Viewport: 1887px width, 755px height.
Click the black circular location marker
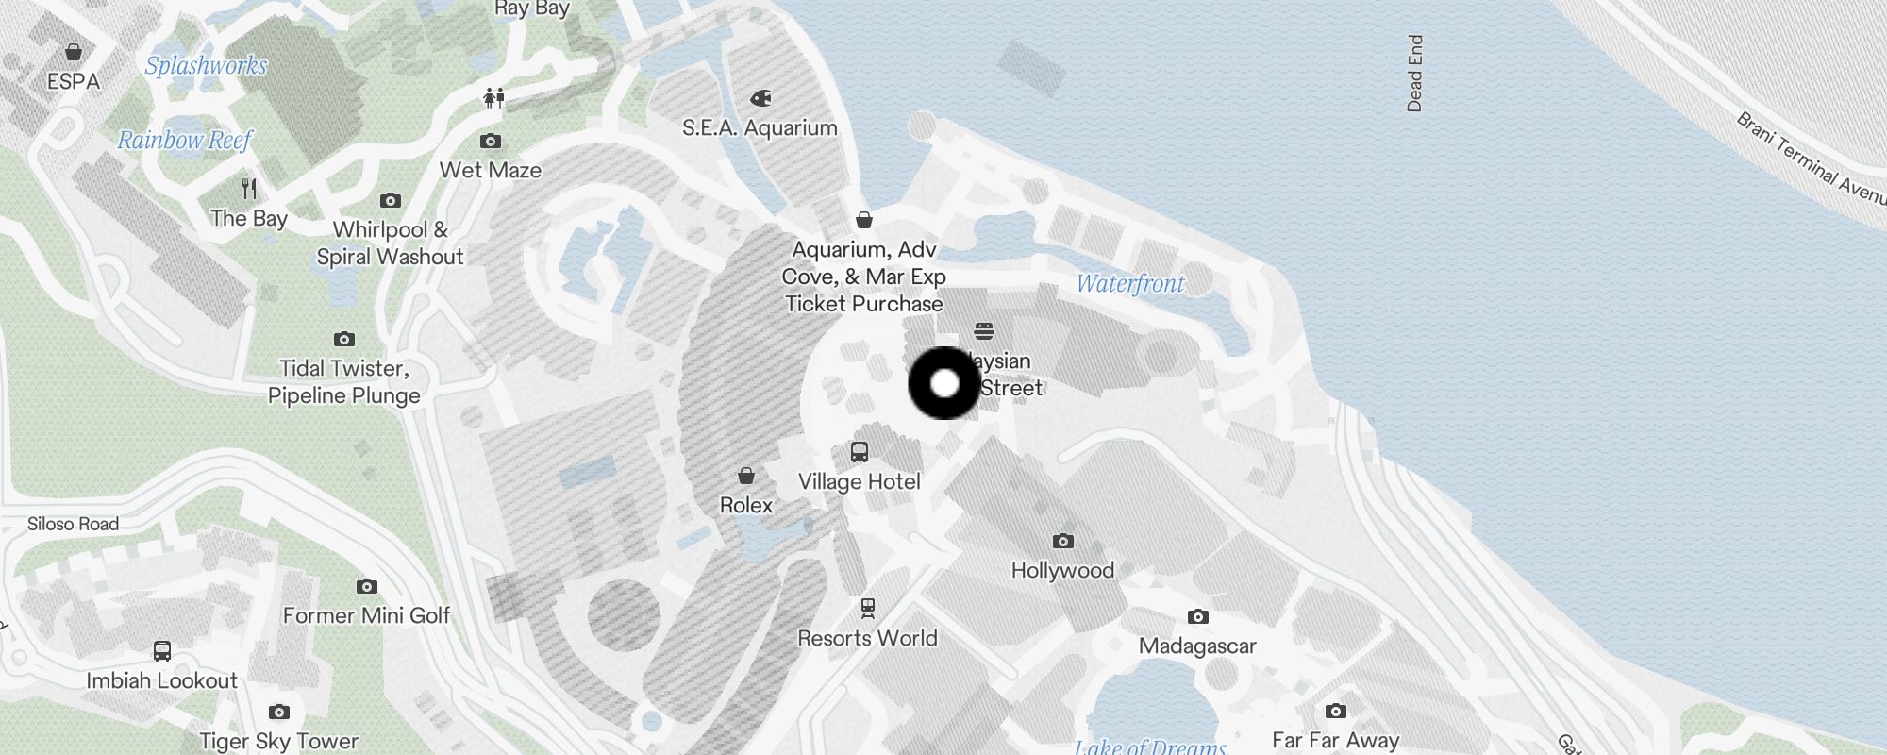(944, 383)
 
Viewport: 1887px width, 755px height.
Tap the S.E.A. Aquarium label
(760, 127)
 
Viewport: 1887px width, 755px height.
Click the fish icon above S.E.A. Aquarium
(760, 98)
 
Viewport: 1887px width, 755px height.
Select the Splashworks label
(206, 65)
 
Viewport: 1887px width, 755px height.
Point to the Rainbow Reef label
(185, 141)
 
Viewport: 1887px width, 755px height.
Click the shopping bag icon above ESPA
(74, 52)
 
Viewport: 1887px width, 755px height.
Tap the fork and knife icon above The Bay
(249, 189)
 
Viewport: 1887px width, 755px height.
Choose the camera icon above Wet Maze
(491, 142)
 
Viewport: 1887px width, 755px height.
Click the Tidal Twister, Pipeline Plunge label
(344, 381)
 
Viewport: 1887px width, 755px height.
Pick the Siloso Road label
(73, 524)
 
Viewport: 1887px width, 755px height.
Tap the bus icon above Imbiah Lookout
(162, 651)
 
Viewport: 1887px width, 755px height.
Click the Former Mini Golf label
(366, 615)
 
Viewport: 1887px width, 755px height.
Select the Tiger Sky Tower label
(278, 741)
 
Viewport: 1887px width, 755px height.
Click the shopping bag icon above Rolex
(746, 475)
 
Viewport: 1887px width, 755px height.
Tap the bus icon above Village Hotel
(860, 452)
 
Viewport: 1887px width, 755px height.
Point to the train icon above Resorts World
(868, 609)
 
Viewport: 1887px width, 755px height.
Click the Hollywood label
(1062, 570)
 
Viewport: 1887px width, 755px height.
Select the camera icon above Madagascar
(1198, 617)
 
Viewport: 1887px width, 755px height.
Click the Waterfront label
(1130, 283)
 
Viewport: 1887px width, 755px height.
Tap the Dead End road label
(1414, 74)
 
